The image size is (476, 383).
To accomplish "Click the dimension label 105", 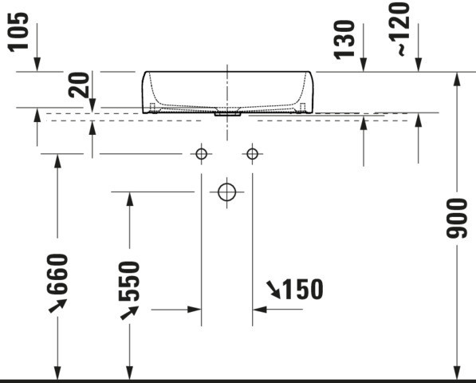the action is (x=18, y=32).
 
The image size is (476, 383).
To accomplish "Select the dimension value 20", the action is (x=79, y=85).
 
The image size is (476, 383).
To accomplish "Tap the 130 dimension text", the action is (x=344, y=39).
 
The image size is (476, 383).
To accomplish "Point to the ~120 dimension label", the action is (x=399, y=29).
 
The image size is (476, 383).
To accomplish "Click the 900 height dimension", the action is (x=457, y=218).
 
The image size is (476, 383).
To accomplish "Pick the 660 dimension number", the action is (x=57, y=274).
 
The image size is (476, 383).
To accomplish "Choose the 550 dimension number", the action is (x=129, y=281).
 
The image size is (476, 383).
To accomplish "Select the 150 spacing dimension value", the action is (x=303, y=289).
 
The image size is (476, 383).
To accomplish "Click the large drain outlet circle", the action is (x=226, y=192).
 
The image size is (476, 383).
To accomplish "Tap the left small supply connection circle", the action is (x=201, y=154).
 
